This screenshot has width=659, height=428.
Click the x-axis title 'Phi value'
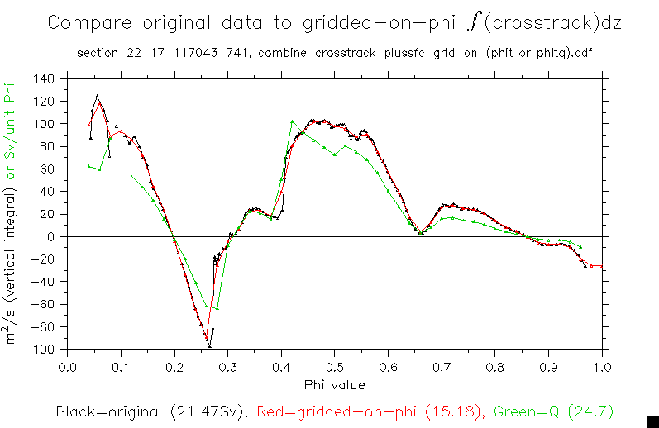pyautogui.click(x=334, y=384)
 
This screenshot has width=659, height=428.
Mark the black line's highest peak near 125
pyautogui.click(x=98, y=96)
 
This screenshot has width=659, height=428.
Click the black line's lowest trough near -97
pyautogui.click(x=210, y=345)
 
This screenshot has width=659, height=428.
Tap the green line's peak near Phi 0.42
pyautogui.click(x=293, y=121)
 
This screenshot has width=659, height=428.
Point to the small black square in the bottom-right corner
pyautogui.click(x=651, y=421)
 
